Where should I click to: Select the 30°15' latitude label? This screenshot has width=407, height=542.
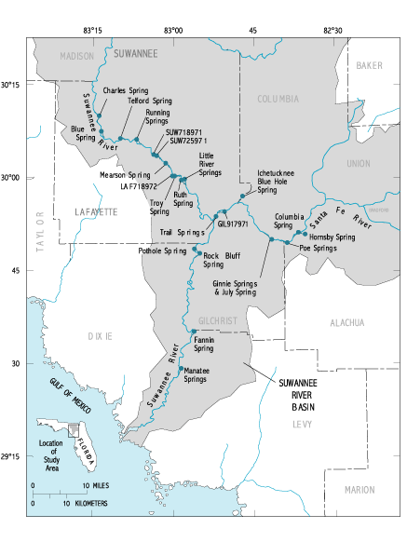click(x=14, y=84)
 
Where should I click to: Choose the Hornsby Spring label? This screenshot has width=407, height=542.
click(x=331, y=237)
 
